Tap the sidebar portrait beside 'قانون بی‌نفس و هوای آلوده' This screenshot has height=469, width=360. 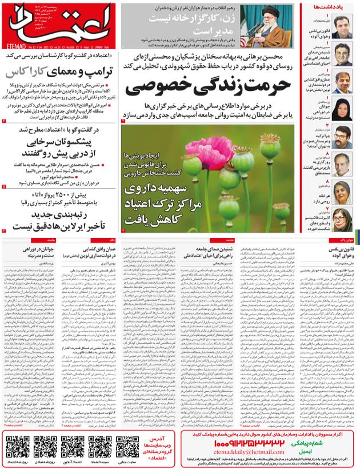tap(343, 27)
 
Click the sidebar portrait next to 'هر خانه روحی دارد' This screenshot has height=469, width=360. tap(343, 192)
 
